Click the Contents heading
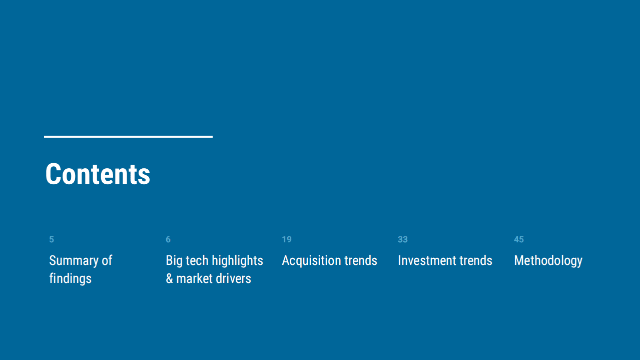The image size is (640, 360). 98,174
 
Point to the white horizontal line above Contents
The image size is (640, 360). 128,136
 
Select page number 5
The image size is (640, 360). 52,239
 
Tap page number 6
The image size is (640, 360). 168,239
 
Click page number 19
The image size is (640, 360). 287,239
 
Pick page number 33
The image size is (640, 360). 403,239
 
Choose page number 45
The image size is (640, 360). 519,239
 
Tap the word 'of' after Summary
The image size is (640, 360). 107,260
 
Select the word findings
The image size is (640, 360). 70,278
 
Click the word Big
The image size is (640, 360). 174,261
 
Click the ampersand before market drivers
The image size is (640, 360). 170,278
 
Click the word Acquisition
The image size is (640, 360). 311,261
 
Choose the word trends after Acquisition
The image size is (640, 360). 361,260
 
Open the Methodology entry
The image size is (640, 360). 548,261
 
